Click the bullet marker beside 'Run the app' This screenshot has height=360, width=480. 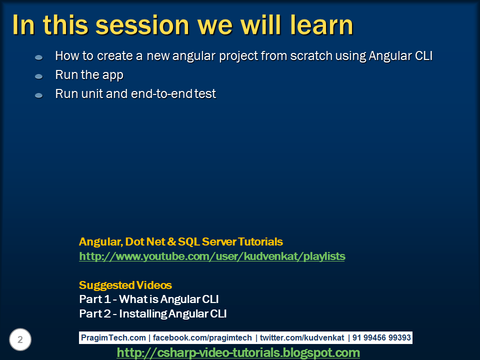tap(39, 76)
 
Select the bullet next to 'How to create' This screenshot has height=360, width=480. tap(39, 57)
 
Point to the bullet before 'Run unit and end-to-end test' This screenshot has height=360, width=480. tap(39, 95)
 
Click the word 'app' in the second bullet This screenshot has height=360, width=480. tap(112, 75)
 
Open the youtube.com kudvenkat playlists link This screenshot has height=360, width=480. tap(212, 256)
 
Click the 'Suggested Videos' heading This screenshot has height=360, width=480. tap(125, 285)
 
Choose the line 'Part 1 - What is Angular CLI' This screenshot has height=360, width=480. tap(149, 299)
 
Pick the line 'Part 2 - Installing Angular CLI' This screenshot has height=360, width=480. tap(153, 314)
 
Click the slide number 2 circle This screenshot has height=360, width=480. tap(20, 340)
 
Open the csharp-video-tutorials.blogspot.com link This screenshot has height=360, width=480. tap(238, 353)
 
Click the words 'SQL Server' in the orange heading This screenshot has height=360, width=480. tap(207, 242)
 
